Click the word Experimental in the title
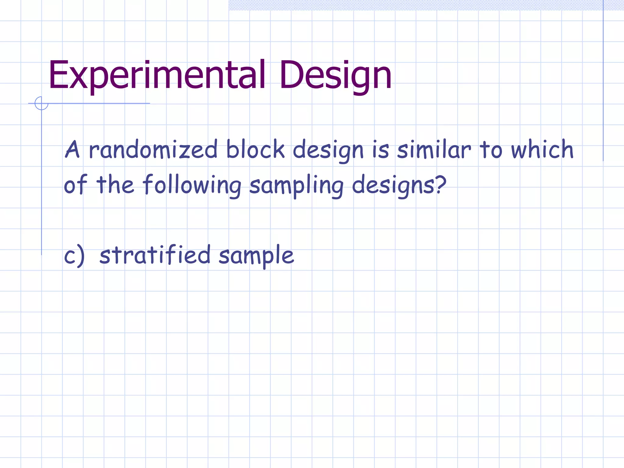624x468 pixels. (x=157, y=75)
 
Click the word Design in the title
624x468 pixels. (x=335, y=75)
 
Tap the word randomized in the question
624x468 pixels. (x=153, y=150)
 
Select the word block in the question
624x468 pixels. (x=255, y=150)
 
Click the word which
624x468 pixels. (x=542, y=150)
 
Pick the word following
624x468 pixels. (x=192, y=185)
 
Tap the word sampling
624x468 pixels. (x=296, y=185)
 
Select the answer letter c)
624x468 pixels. (x=74, y=255)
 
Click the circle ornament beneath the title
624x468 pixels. (x=41, y=103)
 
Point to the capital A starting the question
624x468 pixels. (x=73, y=150)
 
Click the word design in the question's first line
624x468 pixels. (x=328, y=150)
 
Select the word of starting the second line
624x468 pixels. (x=75, y=185)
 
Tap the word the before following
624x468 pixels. (x=115, y=185)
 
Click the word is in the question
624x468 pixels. (x=381, y=150)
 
